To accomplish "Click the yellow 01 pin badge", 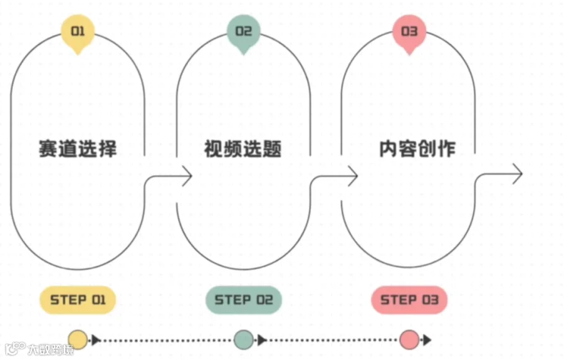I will pos(78,31).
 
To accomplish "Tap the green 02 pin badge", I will pos(243,31).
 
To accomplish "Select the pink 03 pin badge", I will pos(409,31).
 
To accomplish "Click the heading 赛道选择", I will pos(78,149).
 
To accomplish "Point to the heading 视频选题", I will pos(243,149).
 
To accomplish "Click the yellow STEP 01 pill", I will pos(78,300).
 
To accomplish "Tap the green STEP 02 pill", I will pos(244,300).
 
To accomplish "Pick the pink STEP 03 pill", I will pos(409,300).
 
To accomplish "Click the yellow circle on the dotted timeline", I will pos(78,339).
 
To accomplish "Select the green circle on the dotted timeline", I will pos(243,339).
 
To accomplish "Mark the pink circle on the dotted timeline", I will pos(409,339).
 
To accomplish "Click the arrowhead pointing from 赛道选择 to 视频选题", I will pos(186,176).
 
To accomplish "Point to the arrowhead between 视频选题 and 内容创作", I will pos(352,176).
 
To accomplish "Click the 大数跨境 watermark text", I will pos(50,349).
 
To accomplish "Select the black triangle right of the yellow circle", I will pos(96,340).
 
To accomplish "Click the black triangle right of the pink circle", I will pos(427,340).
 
